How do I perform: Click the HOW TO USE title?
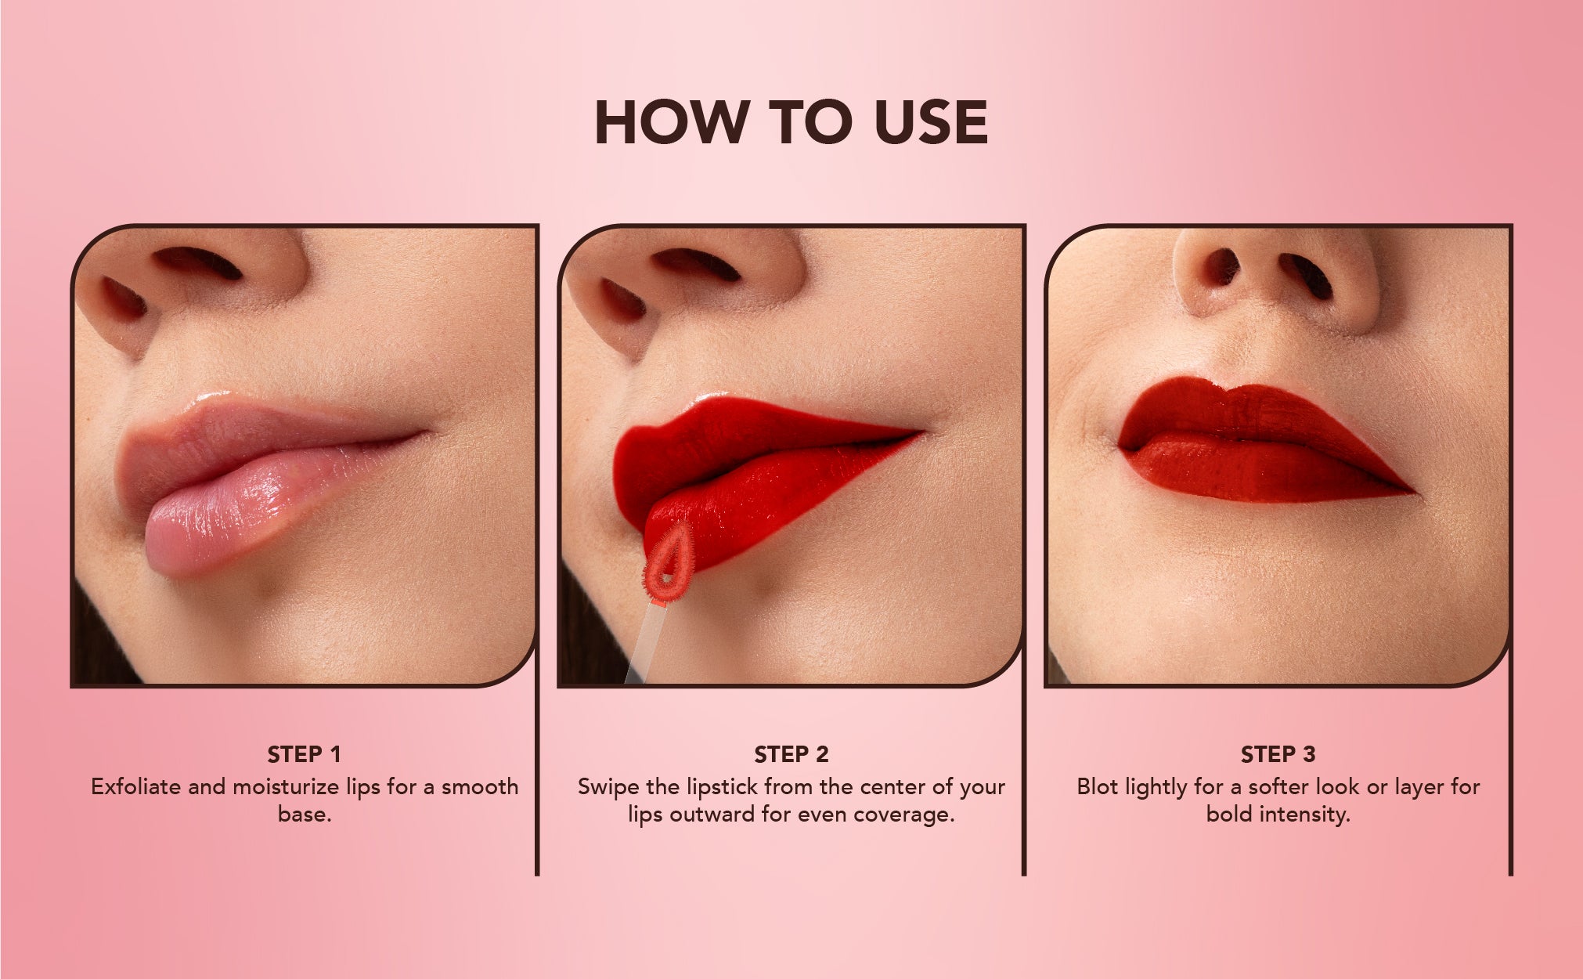pos(791,122)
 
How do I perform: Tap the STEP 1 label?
pos(305,754)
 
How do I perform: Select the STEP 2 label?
pos(791,754)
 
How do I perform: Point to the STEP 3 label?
pos(1278,754)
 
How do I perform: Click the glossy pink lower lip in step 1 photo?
pos(258,509)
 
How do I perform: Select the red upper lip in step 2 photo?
pos(752,443)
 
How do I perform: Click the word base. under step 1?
pos(305,815)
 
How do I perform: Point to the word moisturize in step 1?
pos(289,787)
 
